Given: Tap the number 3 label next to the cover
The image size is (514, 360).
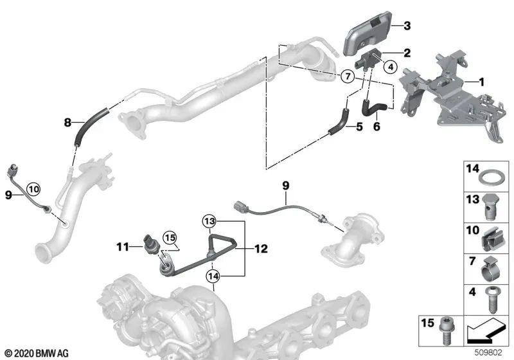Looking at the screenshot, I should (407, 26).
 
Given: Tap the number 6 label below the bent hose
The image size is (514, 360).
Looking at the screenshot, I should (377, 127).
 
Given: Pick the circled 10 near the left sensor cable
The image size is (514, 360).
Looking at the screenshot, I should (33, 188).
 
